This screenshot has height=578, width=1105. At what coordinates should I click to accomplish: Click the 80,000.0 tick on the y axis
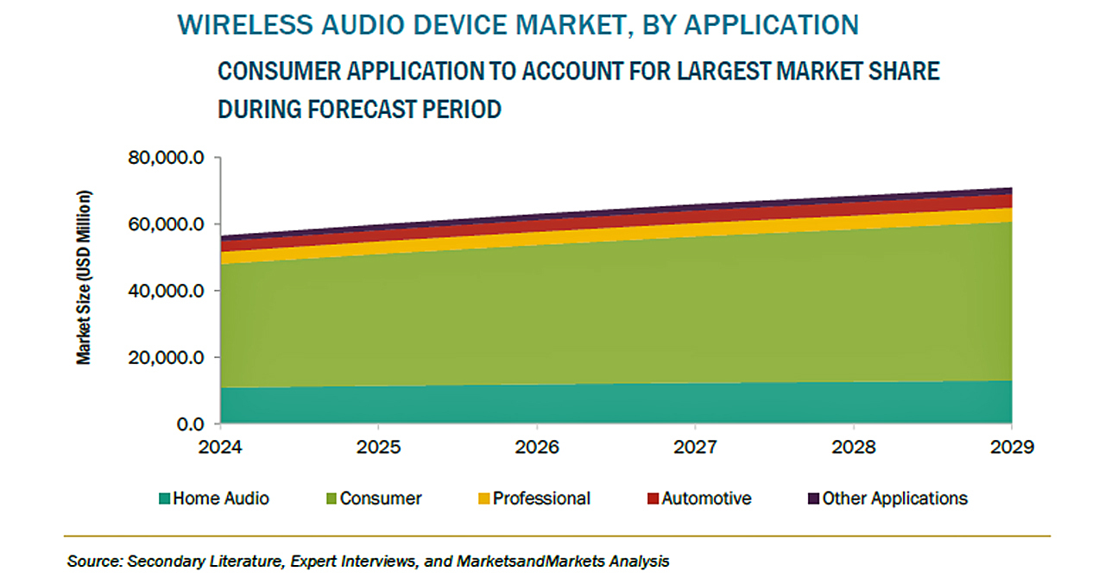tap(166, 159)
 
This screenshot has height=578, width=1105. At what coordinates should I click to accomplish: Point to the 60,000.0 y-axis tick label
tap(166, 225)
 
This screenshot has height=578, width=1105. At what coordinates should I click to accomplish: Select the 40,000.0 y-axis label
tap(166, 292)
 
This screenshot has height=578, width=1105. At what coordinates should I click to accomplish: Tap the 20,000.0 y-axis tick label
tap(166, 358)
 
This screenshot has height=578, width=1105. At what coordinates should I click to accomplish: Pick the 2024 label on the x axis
tap(221, 448)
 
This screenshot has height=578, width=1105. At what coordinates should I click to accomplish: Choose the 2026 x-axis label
tap(537, 448)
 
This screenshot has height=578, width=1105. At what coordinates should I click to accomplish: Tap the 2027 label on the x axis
tap(695, 448)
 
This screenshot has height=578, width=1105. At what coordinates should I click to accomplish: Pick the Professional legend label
tap(541, 499)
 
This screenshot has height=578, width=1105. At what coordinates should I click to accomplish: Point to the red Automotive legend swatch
tap(653, 499)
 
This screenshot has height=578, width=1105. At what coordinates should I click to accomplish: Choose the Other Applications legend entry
tap(894, 499)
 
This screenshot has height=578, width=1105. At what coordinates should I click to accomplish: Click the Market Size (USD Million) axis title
tap(84, 276)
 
